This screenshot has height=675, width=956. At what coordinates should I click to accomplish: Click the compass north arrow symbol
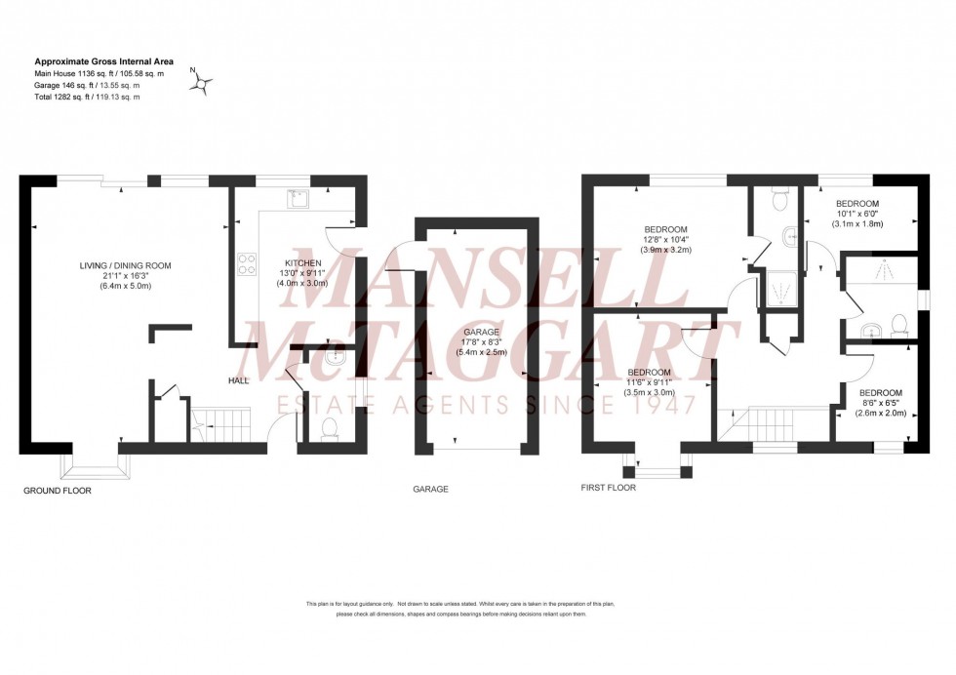pyautogui.click(x=202, y=84)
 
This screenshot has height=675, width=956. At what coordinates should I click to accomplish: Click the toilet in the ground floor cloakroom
pyautogui.click(x=329, y=426)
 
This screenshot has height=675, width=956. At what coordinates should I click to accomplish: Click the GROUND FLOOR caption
pyautogui.click(x=57, y=492)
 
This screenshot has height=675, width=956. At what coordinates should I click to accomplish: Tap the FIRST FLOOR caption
pyautogui.click(x=608, y=487)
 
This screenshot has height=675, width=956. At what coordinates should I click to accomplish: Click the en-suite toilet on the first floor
pyautogui.click(x=780, y=200)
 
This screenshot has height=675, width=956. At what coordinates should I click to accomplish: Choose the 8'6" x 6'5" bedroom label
pyautogui.click(x=882, y=401)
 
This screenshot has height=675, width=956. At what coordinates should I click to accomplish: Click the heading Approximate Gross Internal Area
pyautogui.click(x=98, y=60)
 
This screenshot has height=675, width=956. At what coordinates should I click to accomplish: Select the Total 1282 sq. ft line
pyautogui.click(x=88, y=97)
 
